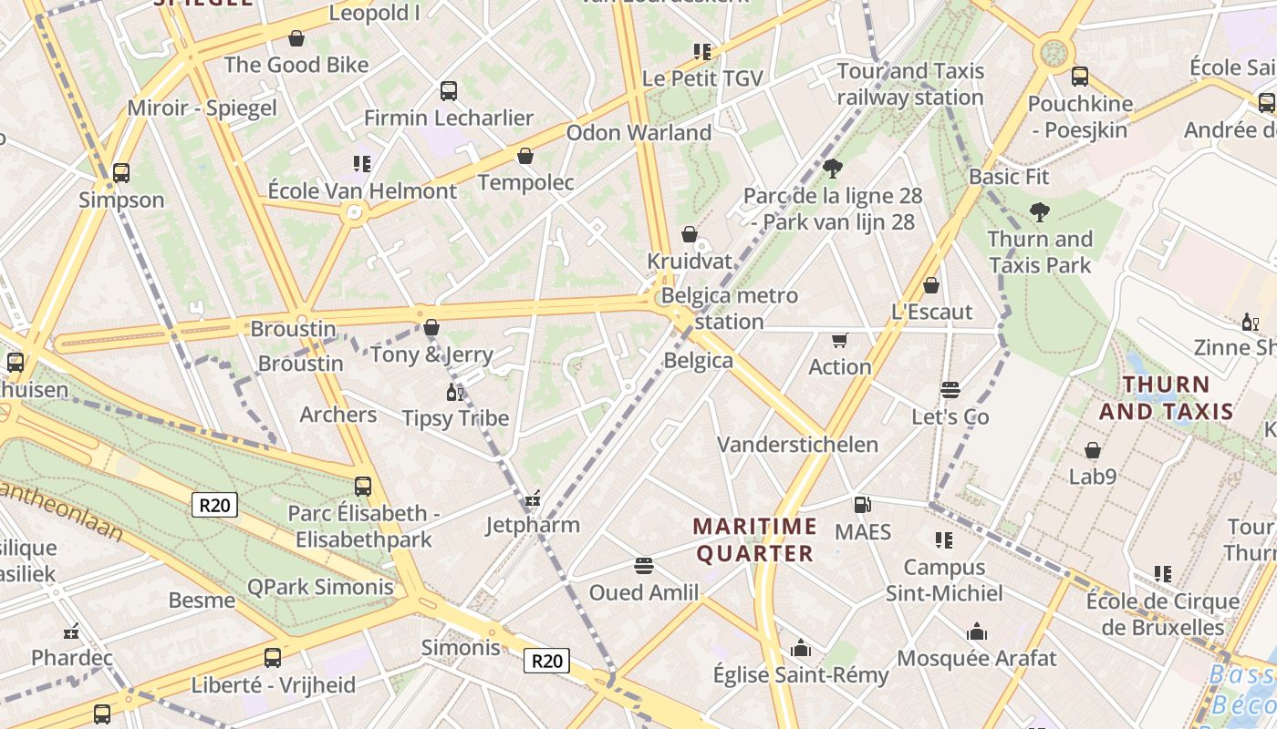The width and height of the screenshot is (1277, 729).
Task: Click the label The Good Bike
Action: [x=296, y=65]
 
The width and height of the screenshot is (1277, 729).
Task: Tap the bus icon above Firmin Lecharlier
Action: [x=448, y=90]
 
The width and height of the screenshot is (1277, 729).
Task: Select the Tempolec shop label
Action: [x=525, y=182]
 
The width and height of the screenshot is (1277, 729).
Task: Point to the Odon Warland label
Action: [x=638, y=133]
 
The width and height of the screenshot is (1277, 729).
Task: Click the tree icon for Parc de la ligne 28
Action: [x=832, y=168]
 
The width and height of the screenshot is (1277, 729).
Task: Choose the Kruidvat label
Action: [x=690, y=262]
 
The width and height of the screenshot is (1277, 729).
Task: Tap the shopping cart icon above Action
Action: [x=839, y=340]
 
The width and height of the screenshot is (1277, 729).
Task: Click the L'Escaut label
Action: [x=931, y=313]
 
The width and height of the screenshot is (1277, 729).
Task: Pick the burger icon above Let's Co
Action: [x=950, y=390]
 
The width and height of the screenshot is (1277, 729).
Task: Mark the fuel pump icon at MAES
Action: [x=862, y=504]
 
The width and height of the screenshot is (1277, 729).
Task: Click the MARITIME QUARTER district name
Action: [x=754, y=539]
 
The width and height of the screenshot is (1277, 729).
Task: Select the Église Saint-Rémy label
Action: [x=800, y=675]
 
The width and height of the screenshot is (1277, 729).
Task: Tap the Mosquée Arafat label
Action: [x=977, y=658]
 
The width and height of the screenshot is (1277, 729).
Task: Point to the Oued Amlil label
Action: [x=644, y=592]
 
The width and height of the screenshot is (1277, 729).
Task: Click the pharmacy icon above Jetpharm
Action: [x=533, y=498]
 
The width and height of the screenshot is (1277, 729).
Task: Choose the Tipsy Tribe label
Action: [x=455, y=418]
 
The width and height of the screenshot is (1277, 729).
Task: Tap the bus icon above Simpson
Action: [x=120, y=172]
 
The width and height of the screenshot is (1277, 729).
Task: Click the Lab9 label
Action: [x=1093, y=477]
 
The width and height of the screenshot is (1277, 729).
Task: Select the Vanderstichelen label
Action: [x=797, y=445]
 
